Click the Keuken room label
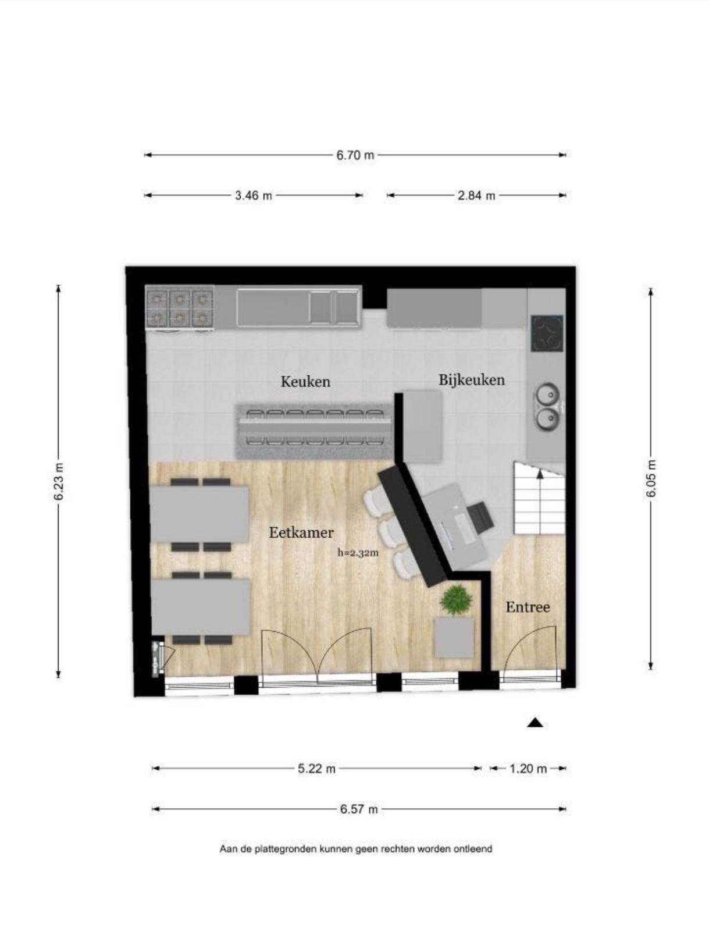pyautogui.click(x=305, y=382)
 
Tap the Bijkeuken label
pyautogui.click(x=472, y=379)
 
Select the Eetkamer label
pyautogui.click(x=301, y=533)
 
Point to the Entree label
pyautogui.click(x=528, y=607)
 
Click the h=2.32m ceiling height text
pyautogui.click(x=358, y=553)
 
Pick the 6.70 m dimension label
pyautogui.click(x=355, y=155)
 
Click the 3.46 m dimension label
pyautogui.click(x=254, y=196)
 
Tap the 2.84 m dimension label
pyautogui.click(x=476, y=196)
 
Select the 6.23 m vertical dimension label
pyautogui.click(x=59, y=481)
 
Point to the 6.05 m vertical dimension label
pyautogui.click(x=652, y=479)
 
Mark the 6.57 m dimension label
pyautogui.click(x=358, y=809)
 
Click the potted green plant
pyautogui.click(x=456, y=600)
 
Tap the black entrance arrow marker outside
pyautogui.click(x=535, y=723)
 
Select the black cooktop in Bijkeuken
pyautogui.click(x=547, y=334)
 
